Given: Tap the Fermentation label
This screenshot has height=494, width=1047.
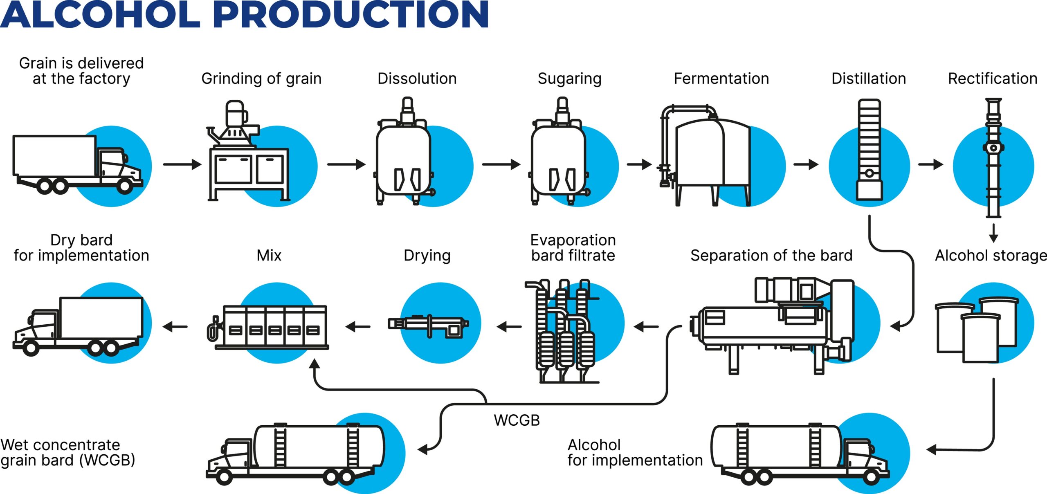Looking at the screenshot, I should point(721,79).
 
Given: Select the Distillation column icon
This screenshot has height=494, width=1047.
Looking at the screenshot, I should point(869,149).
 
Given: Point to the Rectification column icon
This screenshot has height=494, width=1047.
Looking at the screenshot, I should point(993,157).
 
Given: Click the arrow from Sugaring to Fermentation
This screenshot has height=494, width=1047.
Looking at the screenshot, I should point(639,164).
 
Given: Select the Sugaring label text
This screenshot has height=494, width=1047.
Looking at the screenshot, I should point(569,79).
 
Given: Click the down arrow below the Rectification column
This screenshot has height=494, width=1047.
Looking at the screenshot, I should point(993,233).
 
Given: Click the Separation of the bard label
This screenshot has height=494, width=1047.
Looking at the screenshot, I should point(771,256).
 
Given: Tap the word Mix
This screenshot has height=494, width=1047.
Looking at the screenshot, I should point(269,256).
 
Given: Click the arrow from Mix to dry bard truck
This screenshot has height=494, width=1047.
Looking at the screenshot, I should point(175,326).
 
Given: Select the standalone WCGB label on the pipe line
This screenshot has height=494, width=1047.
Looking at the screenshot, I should point(517,420).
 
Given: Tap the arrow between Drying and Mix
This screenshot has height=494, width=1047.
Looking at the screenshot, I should point(358,326).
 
